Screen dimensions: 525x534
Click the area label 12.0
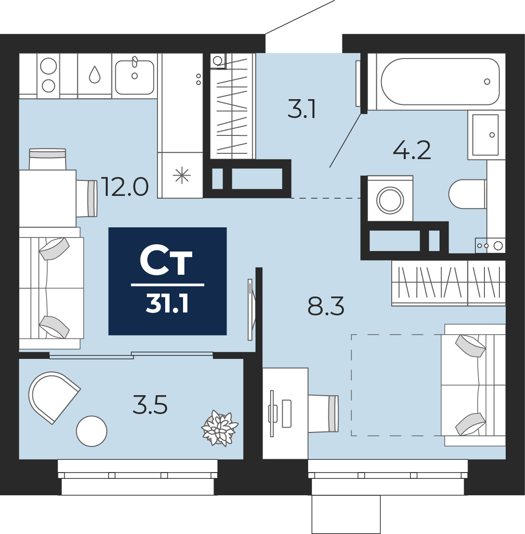click(x=126, y=187)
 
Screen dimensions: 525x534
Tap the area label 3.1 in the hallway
click(x=301, y=109)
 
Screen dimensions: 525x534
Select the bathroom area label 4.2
click(x=412, y=150)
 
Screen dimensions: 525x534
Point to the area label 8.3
click(x=326, y=306)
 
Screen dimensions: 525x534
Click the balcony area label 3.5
click(x=150, y=405)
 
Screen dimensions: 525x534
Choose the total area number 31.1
click(x=167, y=304)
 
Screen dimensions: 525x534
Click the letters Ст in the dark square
click(x=166, y=261)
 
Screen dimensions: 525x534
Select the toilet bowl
click(x=467, y=194)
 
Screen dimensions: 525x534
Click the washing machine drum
click(x=390, y=200)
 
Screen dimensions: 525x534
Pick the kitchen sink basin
click(x=134, y=77)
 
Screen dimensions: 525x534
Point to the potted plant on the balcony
click(x=220, y=428)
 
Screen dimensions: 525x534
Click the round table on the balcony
click(x=92, y=431)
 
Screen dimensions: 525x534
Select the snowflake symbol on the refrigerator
click(x=182, y=176)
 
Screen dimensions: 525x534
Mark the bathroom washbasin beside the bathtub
click(x=485, y=135)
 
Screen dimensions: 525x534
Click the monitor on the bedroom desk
click(x=272, y=414)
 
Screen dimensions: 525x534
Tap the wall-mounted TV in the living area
click(x=251, y=310)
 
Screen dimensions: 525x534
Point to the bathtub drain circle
click(x=487, y=82)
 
